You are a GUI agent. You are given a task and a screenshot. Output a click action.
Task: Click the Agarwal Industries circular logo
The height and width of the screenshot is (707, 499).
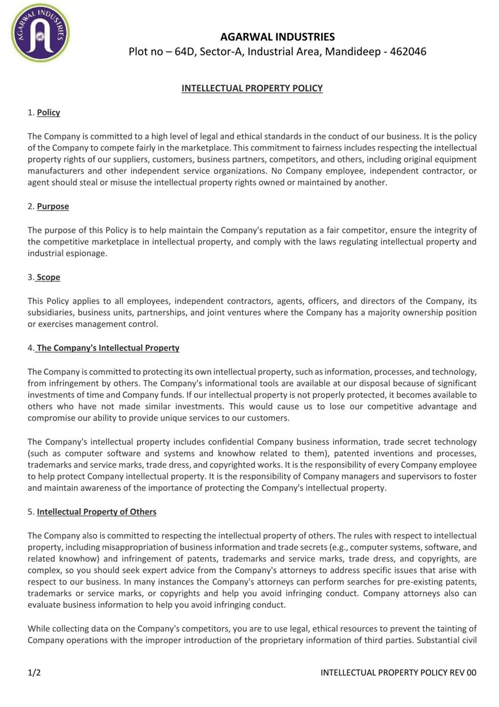(x=40, y=33)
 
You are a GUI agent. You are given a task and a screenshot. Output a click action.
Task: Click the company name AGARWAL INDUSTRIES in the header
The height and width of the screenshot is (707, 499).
(x=278, y=37)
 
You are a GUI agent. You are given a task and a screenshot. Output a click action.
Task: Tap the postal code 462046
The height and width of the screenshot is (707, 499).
(x=408, y=52)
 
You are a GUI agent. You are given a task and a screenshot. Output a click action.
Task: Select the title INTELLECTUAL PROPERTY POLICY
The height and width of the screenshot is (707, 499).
(x=252, y=88)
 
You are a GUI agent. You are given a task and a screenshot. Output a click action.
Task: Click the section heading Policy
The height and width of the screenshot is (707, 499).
(x=48, y=112)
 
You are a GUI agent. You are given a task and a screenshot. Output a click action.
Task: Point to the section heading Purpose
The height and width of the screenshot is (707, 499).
(x=53, y=206)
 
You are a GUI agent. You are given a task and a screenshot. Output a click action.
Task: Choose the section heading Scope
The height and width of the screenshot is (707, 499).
(x=48, y=277)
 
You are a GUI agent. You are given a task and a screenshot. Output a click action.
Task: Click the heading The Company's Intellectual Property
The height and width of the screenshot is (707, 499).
(x=108, y=348)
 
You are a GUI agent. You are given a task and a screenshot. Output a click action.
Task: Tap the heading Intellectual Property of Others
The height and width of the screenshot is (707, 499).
(x=96, y=512)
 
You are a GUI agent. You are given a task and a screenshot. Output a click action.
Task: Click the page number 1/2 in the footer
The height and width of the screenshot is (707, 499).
(x=34, y=672)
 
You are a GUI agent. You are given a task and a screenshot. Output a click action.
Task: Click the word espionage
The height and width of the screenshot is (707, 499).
(x=87, y=254)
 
